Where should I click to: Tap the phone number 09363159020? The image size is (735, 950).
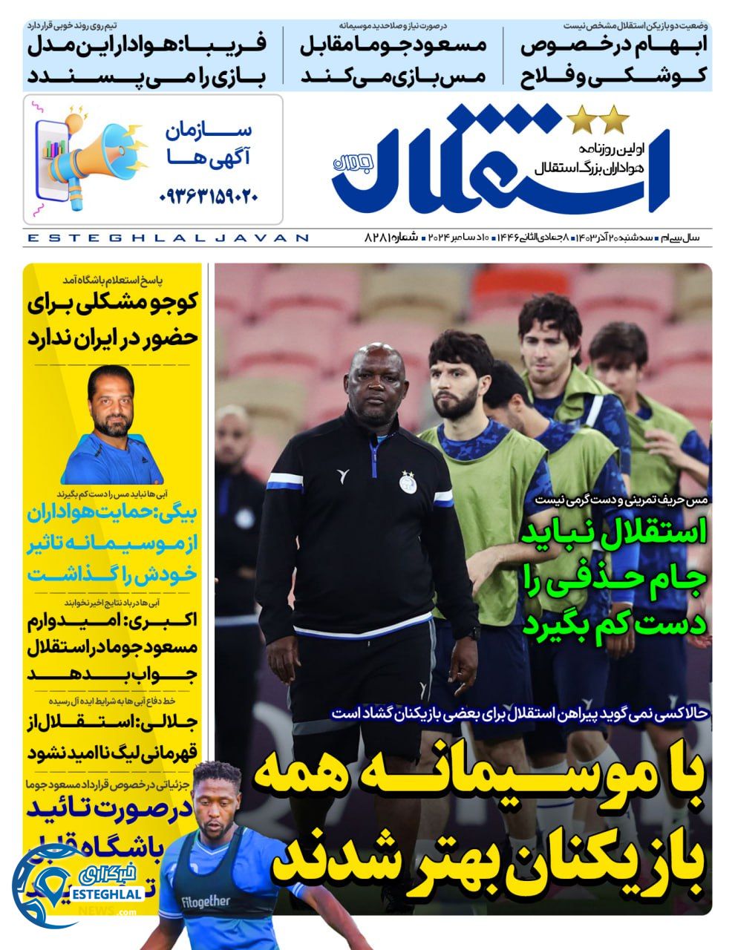209,197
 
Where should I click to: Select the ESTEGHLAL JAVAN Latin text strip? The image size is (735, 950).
167,238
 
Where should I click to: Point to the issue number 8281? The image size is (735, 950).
379,237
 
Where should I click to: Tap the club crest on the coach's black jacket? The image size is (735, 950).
406,481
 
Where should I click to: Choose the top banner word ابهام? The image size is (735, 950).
668,45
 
